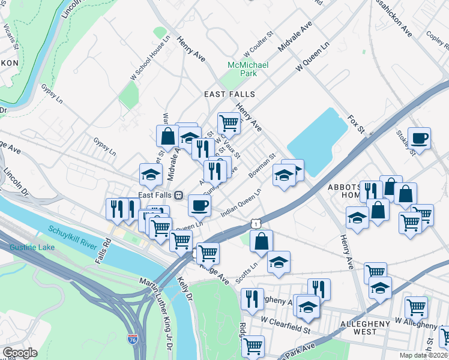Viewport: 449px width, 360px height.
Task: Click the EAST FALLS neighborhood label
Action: point(229,94)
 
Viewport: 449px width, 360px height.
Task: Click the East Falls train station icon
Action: point(179,195)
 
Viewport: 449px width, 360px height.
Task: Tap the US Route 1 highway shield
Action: point(256,223)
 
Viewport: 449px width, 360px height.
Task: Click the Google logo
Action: point(20,353)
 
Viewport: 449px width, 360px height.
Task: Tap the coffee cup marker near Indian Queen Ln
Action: point(200,205)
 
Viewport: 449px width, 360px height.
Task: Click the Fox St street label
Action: point(356,125)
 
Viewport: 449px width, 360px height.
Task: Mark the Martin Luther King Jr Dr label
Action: point(157,299)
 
